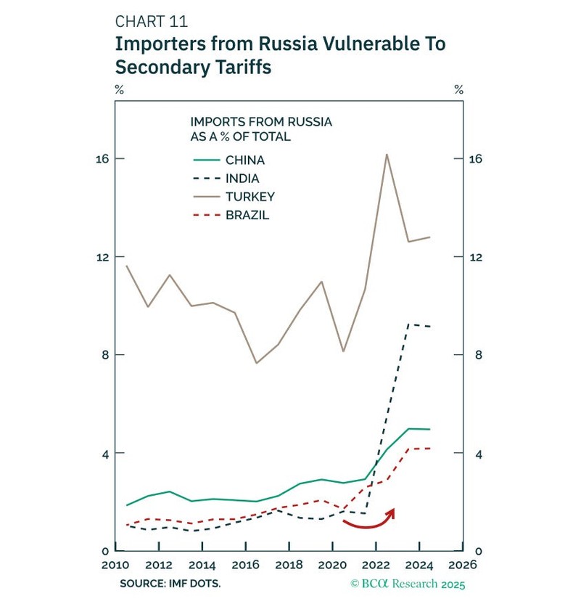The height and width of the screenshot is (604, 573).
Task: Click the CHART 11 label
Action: pos(151,22)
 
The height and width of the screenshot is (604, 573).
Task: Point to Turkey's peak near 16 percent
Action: pos(387,154)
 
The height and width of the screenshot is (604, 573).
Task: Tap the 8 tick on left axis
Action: pos(99,355)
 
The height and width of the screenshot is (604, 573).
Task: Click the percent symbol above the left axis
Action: pos(119,90)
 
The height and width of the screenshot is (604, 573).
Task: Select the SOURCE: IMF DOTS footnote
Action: pos(171,583)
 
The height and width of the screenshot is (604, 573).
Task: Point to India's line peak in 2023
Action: pos(408,325)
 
